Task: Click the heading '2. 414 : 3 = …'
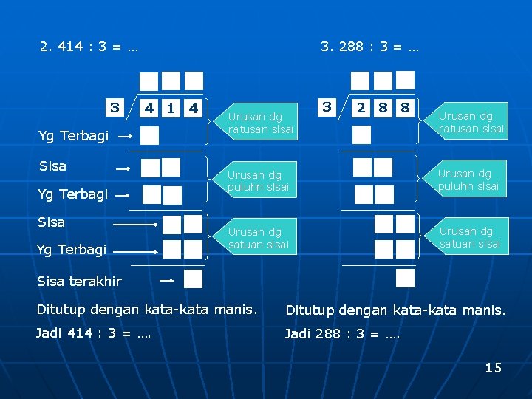tap(89, 47)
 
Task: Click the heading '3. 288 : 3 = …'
tap(369, 47)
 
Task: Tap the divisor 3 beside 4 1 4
tap(115, 108)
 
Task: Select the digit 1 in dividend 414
tap(171, 109)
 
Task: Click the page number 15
tap(493, 367)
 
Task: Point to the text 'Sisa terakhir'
tap(79, 281)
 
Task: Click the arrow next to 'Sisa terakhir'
tap(166, 281)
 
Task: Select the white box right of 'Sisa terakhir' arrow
tap(193, 279)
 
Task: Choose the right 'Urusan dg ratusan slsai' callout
tap(471, 122)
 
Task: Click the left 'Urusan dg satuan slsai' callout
tap(259, 237)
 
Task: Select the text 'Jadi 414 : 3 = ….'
tap(94, 333)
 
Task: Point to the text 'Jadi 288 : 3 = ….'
tap(342, 334)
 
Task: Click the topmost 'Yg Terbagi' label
tap(73, 136)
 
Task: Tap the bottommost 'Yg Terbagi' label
tap(72, 250)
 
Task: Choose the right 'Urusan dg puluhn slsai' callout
tap(469, 180)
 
